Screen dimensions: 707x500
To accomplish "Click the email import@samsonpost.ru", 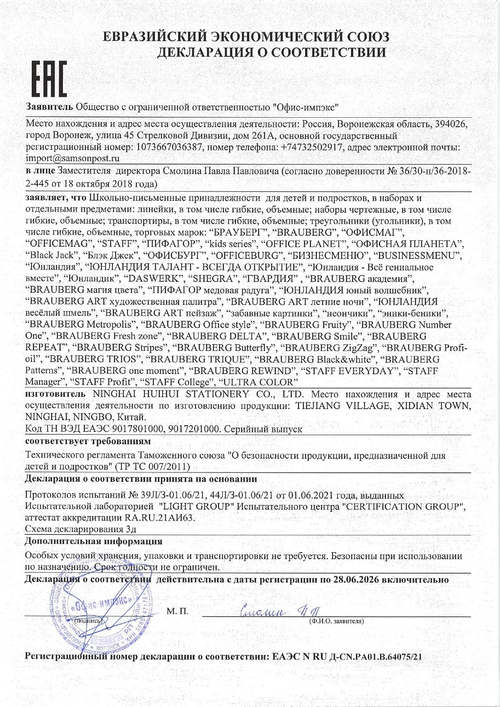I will (73, 158).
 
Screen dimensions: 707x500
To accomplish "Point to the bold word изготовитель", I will (55, 394).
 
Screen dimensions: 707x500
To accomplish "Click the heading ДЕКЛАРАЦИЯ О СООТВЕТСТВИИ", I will (271, 52).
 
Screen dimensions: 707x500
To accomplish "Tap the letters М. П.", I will (177, 611).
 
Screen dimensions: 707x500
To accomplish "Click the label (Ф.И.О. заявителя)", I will (336, 621).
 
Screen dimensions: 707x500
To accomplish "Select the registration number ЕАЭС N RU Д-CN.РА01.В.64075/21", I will (347, 656).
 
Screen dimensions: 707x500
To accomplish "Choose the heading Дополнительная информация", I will (94, 541).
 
